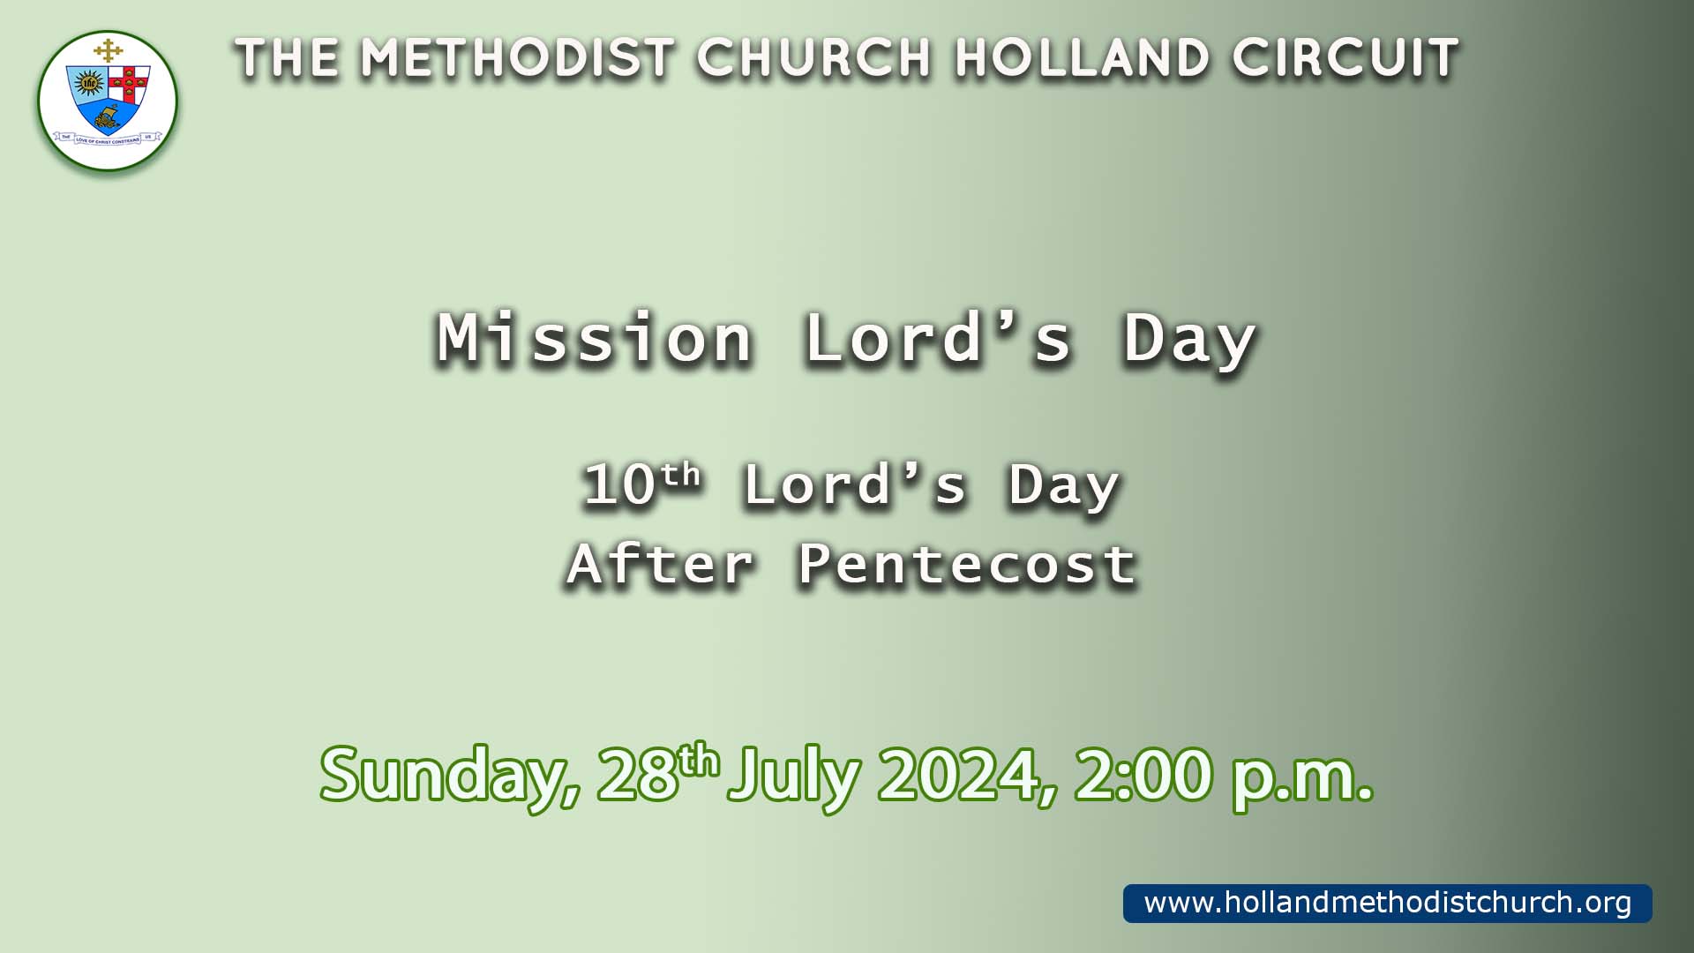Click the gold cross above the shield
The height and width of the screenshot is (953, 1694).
click(x=108, y=50)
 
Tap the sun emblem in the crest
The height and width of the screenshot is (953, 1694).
click(x=88, y=84)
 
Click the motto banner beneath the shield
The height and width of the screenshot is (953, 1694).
click(x=108, y=139)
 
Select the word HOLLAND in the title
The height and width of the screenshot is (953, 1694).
click(x=1082, y=58)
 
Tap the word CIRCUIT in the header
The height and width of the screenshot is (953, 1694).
click(x=1345, y=58)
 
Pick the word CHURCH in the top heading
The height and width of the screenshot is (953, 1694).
click(x=813, y=58)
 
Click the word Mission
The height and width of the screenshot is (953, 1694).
click(x=596, y=337)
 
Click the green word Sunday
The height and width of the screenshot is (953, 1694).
click(x=450, y=775)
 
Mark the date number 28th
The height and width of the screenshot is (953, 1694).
click(x=658, y=773)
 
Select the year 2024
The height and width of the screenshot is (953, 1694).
click(x=966, y=775)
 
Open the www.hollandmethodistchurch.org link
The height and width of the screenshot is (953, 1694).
click(x=1388, y=903)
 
